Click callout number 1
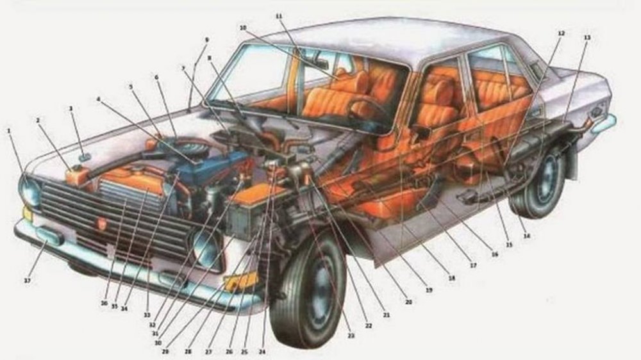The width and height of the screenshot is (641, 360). click(9, 131)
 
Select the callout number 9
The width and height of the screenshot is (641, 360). click(206, 40)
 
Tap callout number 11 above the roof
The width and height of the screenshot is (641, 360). click(278, 15)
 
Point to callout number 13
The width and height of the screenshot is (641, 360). click(587, 38)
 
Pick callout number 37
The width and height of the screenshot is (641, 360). click(27, 281)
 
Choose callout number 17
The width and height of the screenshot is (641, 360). click(472, 265)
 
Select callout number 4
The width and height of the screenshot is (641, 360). click(99, 99)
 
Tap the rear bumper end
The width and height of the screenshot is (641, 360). click(604, 123)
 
